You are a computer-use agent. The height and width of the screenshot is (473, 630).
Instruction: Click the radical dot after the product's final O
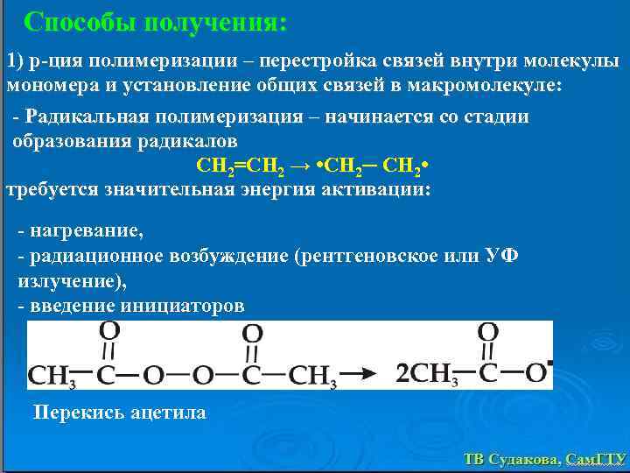pyautogui.click(x=549, y=362)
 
